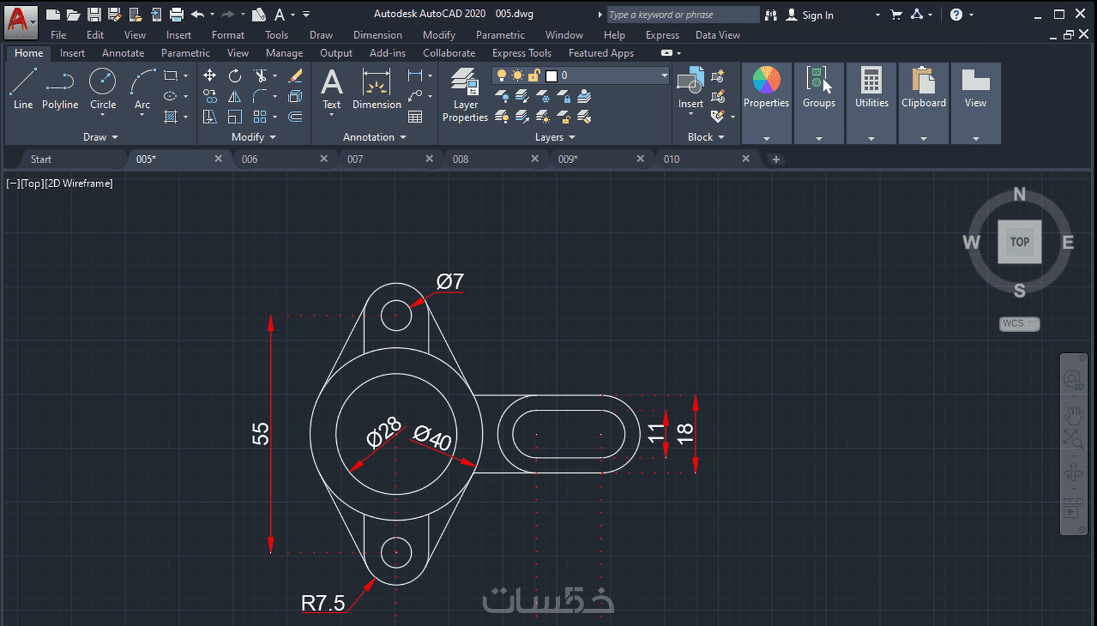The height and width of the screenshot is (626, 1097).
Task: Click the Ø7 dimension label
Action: point(450,281)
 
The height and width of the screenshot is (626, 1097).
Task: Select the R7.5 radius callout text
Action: point(323,603)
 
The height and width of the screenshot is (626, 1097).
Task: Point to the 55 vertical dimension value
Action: point(261,434)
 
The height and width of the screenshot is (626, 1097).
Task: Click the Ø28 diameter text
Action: point(383,432)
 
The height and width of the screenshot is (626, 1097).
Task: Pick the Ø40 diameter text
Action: point(432,438)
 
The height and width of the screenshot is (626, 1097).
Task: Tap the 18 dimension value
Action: point(685,434)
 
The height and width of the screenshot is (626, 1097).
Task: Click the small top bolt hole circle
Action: point(396,316)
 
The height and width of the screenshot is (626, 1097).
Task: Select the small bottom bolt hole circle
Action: point(396,552)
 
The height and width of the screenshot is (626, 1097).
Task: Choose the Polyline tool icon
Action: point(60,82)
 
